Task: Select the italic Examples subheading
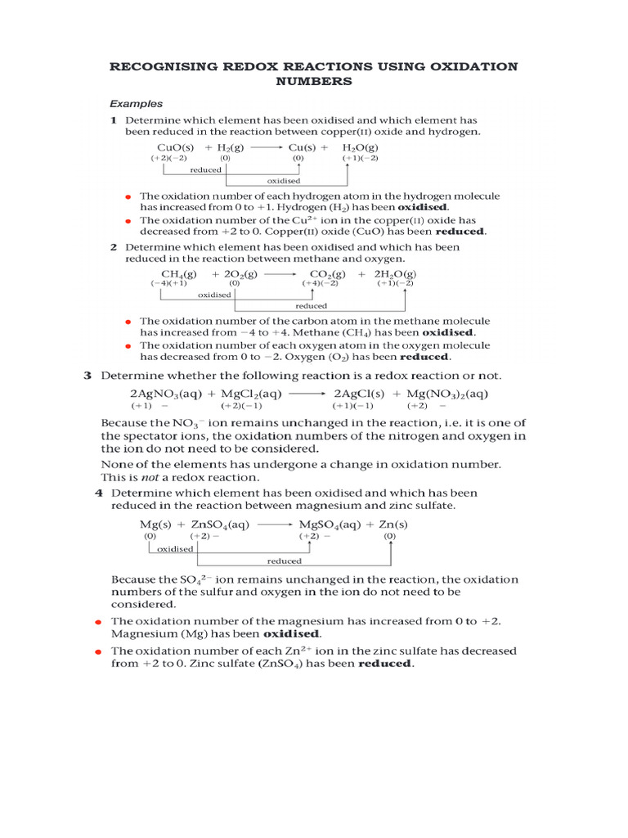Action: click(137, 104)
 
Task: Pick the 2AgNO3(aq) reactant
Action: click(166, 394)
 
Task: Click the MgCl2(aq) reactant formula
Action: click(250, 394)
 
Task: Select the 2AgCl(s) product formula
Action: click(359, 394)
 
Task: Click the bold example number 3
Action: click(87, 376)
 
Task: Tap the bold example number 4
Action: click(99, 493)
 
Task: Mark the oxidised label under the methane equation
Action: click(214, 295)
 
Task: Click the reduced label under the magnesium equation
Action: click(284, 561)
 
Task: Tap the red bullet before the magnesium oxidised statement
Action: click(98, 622)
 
